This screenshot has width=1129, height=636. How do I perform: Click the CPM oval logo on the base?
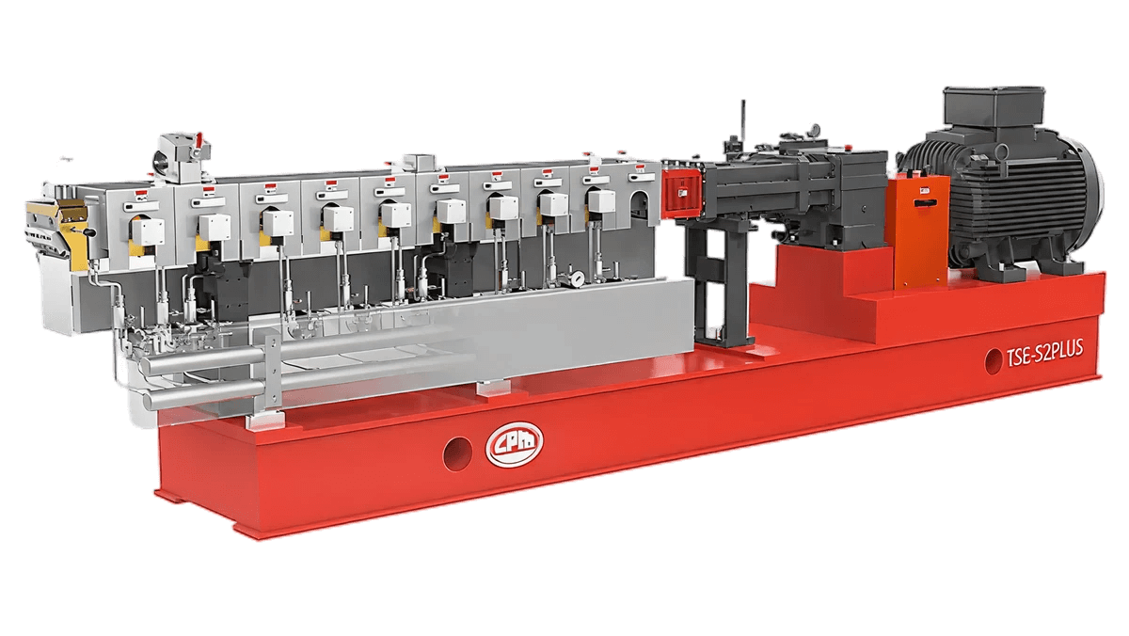point(514,444)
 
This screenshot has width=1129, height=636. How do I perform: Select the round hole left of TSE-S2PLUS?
point(993,361)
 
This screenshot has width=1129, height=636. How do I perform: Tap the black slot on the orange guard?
point(924,203)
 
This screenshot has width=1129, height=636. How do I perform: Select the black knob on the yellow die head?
point(91,231)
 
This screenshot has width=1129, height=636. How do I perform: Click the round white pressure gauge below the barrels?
point(578,277)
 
